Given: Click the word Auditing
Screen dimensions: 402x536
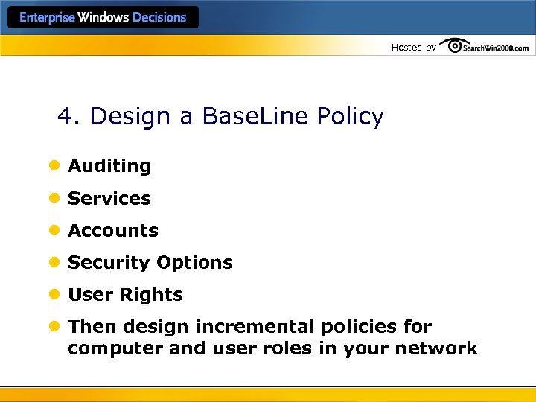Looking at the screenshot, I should tap(109, 166).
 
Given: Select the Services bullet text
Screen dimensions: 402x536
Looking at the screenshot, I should tap(109, 199).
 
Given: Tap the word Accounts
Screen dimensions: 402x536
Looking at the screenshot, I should tap(113, 231).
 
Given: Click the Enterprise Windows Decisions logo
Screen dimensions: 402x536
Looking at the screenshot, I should tap(103, 18).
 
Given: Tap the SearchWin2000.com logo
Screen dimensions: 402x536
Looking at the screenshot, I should tap(485, 47).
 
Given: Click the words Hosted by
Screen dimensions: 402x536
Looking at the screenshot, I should tap(414, 48).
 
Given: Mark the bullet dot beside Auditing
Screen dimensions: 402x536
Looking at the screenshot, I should tap(54, 166).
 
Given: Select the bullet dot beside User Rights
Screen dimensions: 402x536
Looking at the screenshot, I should tap(54, 295).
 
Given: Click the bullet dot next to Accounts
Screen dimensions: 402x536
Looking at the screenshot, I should tap(54, 231).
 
